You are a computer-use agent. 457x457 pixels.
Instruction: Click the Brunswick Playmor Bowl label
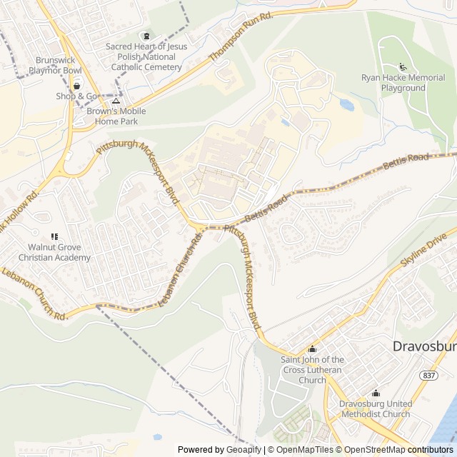(x=56, y=66)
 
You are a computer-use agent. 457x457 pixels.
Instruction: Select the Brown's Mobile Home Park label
(x=116, y=116)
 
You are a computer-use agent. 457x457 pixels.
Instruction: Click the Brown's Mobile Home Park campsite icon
(x=116, y=101)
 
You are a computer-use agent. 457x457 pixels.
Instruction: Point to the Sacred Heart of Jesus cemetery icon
(x=146, y=36)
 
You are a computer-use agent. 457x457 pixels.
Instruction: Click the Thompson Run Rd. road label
(x=241, y=36)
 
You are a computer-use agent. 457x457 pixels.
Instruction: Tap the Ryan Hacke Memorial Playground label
(x=403, y=83)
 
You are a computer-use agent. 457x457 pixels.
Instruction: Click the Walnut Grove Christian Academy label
(x=54, y=252)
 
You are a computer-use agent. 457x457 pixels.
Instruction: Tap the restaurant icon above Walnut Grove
(x=54, y=236)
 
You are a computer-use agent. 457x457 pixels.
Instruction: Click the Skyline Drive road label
(x=423, y=250)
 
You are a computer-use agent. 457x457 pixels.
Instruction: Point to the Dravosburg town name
(x=424, y=346)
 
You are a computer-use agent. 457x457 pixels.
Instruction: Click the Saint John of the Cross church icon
(x=312, y=349)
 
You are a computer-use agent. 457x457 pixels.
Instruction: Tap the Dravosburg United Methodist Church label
(x=375, y=408)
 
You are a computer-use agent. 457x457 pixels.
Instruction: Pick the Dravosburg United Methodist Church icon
(x=376, y=393)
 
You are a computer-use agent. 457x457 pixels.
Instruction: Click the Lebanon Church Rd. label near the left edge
(x=33, y=293)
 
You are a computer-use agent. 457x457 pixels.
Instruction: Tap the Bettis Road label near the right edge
(x=406, y=161)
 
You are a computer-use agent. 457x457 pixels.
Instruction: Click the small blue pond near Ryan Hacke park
(x=347, y=105)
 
